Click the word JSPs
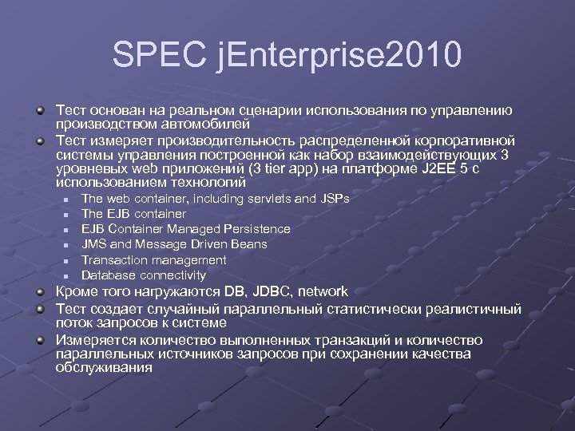click(333, 199)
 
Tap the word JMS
click(94, 244)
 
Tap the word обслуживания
click(103, 368)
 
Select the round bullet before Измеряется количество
click(39, 340)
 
